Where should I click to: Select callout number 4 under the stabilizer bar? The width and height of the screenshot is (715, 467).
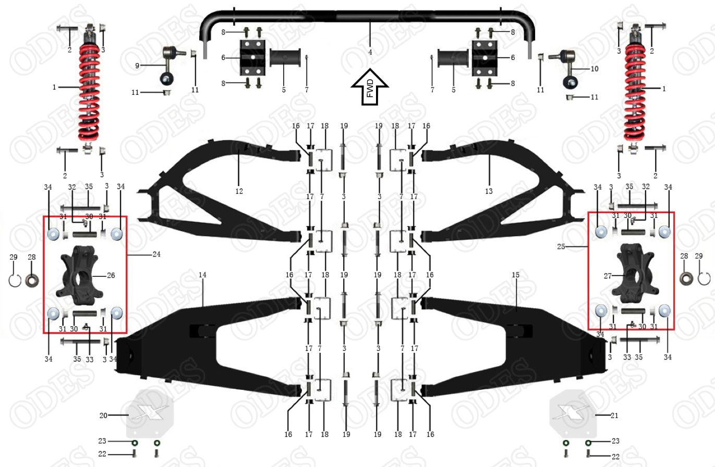coord(370,52)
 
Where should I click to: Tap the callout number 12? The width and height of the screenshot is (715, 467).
coord(239,191)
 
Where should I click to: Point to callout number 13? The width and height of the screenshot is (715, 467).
coord(489,191)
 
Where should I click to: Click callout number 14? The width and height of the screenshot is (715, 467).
coord(202,274)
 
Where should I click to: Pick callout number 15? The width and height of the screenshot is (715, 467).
coord(515,274)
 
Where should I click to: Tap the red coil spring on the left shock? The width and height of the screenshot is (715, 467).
coord(89,94)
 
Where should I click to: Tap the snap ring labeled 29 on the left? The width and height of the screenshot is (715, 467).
coord(15,281)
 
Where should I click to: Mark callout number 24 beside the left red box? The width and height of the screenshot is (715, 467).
coord(156,255)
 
